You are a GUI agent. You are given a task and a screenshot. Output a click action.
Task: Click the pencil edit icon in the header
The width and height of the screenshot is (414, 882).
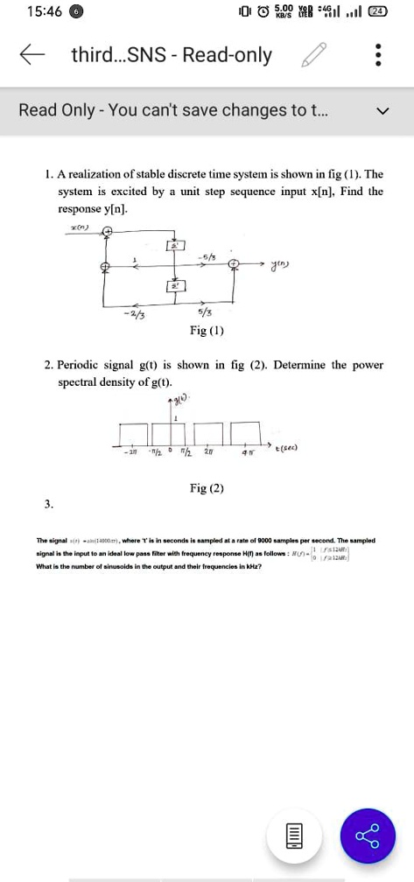(x=311, y=57)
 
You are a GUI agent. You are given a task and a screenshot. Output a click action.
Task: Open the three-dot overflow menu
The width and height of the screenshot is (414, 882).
(x=378, y=57)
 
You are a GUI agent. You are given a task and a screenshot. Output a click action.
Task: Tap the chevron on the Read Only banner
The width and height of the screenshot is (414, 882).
(x=381, y=111)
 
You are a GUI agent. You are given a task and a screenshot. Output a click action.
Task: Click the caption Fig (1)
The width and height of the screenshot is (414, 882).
(x=207, y=331)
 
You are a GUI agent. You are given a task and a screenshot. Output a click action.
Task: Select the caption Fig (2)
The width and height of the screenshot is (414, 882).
(x=207, y=488)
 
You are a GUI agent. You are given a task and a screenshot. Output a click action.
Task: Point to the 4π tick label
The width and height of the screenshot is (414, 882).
(x=248, y=452)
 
